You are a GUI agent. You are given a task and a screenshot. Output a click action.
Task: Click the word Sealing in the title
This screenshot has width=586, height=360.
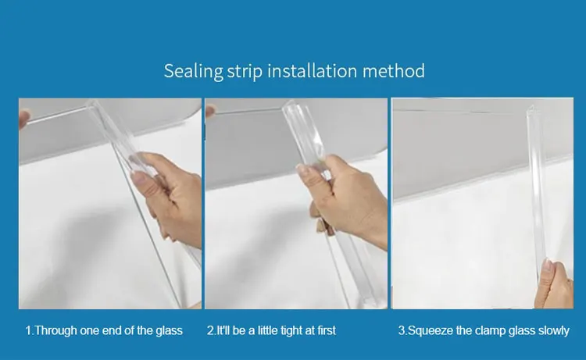pyautogui.click(x=194, y=71)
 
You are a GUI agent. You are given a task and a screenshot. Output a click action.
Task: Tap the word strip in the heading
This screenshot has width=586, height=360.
pyautogui.click(x=245, y=71)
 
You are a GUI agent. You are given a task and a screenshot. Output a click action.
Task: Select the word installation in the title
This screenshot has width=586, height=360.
pyautogui.click(x=312, y=70)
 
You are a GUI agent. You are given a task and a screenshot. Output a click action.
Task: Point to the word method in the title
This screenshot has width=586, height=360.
pyautogui.click(x=394, y=70)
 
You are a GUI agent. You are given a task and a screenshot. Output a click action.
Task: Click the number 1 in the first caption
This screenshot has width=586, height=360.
pyautogui.click(x=28, y=330)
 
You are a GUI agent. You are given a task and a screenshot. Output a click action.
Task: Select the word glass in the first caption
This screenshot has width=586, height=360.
pyautogui.click(x=170, y=331)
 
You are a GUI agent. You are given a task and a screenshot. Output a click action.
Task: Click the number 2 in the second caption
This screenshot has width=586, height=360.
pyautogui.click(x=210, y=330)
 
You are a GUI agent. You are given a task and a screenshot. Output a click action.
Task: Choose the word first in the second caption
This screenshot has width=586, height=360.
pyautogui.click(x=327, y=330)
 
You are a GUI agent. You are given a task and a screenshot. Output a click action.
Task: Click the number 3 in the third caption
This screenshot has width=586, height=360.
pyautogui.click(x=402, y=330)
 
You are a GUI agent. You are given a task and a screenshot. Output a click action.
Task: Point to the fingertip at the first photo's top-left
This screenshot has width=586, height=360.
pyautogui.click(x=24, y=118)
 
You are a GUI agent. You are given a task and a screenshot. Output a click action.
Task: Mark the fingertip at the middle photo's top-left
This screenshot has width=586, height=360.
pyautogui.click(x=210, y=111)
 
